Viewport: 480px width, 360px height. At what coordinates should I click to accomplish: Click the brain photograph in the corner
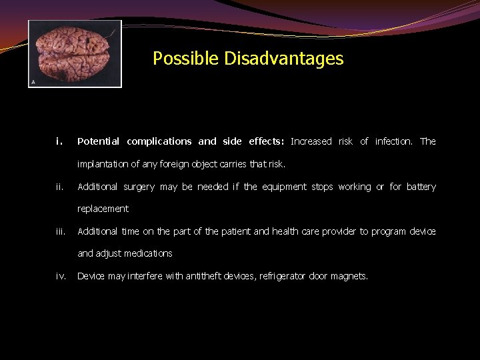[75, 53]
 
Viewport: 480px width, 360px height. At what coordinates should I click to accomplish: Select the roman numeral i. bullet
[59, 141]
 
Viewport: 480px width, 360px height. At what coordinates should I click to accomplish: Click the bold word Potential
[98, 141]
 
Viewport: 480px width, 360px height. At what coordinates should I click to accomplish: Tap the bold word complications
[159, 141]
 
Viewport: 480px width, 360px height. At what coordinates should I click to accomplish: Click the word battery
[421, 187]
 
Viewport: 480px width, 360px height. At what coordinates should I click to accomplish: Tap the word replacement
[103, 209]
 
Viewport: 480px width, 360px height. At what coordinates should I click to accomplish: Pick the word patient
[232, 232]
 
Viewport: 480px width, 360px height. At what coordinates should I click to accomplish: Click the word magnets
[348, 276]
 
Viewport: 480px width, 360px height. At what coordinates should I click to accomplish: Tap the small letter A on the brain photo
[33, 82]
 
